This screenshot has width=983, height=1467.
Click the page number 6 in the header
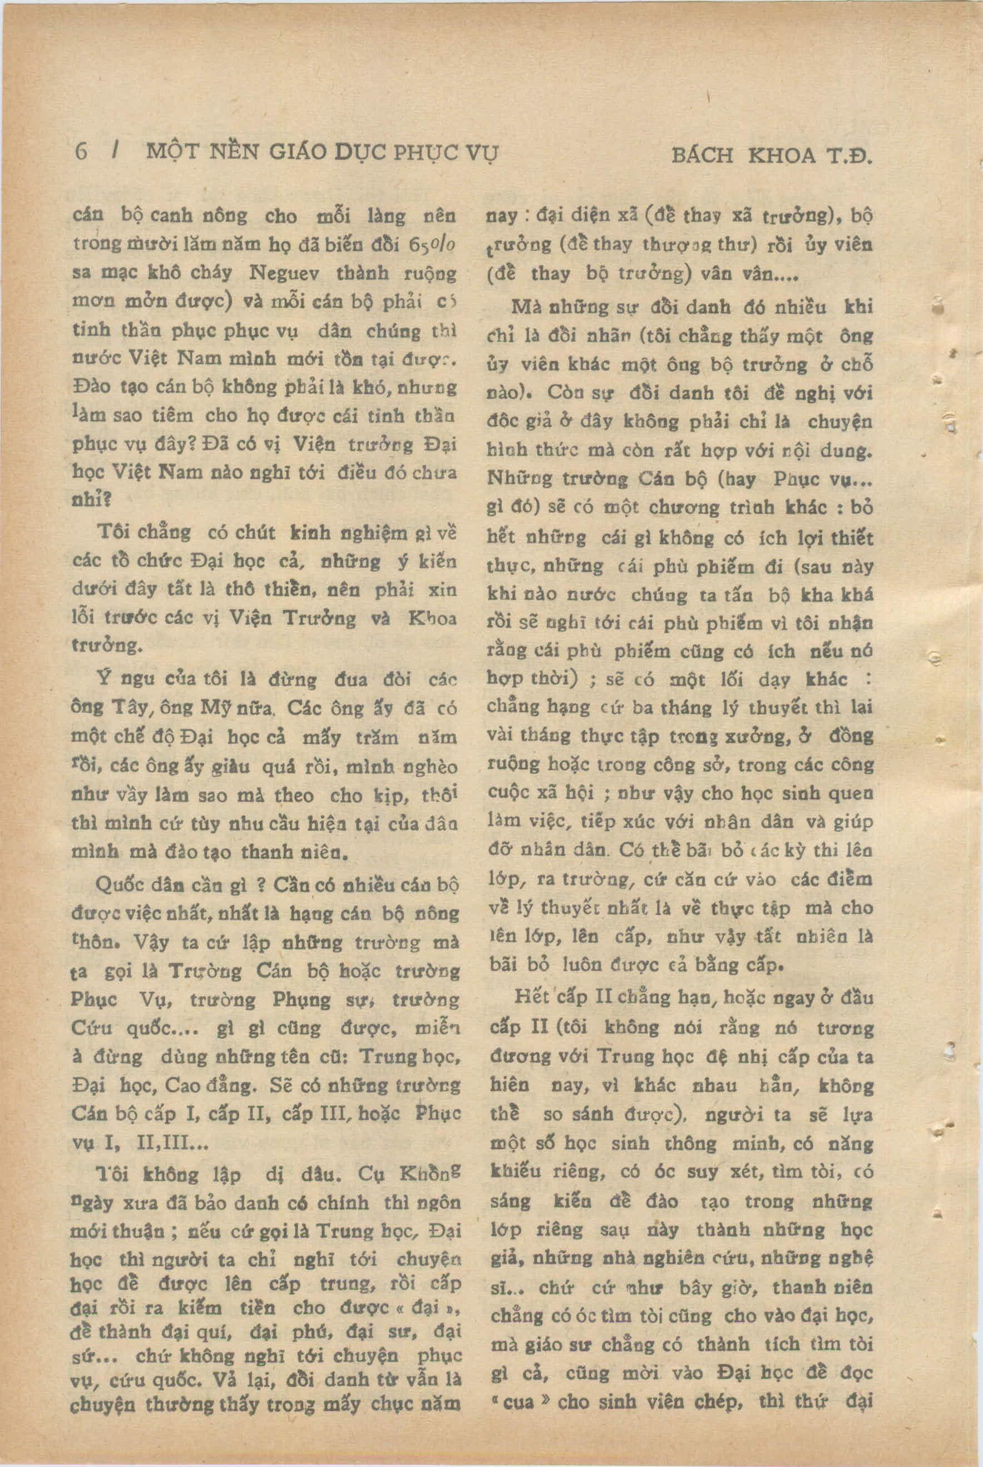(81, 152)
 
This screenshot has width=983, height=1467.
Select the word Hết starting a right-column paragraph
(531, 996)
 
